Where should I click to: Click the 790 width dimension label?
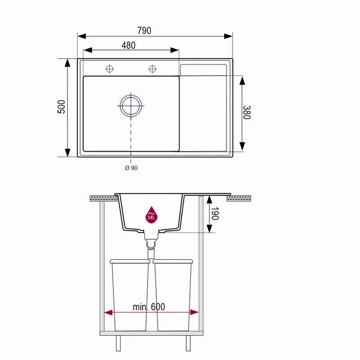tap(144, 31)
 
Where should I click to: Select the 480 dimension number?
tap(129, 45)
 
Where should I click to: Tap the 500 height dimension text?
tap(61, 107)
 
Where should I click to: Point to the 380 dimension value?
tap(247, 112)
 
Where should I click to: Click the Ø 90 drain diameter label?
tap(131, 168)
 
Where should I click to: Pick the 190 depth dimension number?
tap(215, 213)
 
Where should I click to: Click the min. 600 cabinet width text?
tap(149, 307)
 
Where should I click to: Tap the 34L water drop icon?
tap(151, 215)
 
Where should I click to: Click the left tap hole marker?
tap(109, 69)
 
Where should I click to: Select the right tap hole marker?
tap(153, 69)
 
